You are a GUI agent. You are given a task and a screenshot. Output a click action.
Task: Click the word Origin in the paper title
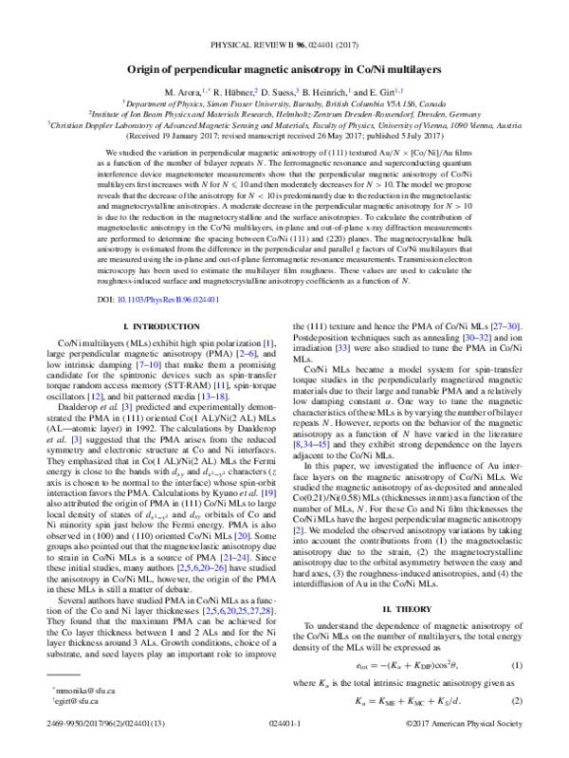[148, 69]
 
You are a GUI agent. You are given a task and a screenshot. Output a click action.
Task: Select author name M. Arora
[209, 88]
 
